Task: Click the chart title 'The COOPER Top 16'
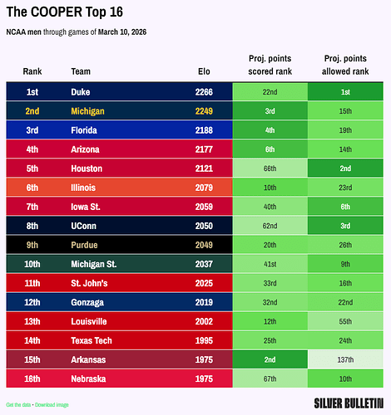tap(65, 12)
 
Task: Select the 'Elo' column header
tap(204, 71)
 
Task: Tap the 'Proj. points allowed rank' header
tap(345, 65)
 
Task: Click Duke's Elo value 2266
tap(204, 92)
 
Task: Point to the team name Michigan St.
tap(94, 264)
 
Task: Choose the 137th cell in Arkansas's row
tap(345, 359)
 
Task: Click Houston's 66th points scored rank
tap(270, 168)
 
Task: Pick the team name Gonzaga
tap(87, 303)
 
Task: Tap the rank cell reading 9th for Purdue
tap(32, 245)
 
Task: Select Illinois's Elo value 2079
tap(204, 188)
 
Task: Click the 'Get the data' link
tap(18, 405)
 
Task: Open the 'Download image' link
tap(52, 405)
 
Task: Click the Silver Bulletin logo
tap(349, 403)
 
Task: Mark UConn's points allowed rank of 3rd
tap(345, 226)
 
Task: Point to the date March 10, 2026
tap(122, 32)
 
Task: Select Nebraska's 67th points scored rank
tap(270, 378)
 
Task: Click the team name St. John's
tap(89, 283)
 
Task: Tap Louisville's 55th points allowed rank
tap(345, 321)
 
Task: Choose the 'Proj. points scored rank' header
tap(270, 65)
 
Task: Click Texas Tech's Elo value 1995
tap(204, 340)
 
